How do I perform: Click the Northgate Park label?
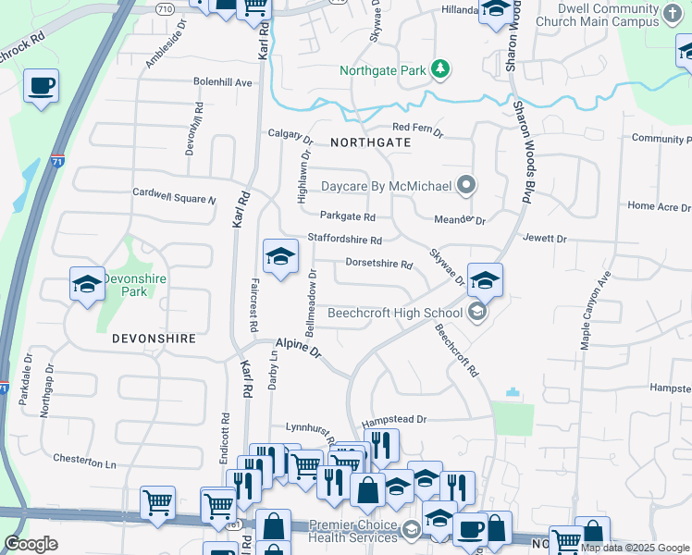(382, 69)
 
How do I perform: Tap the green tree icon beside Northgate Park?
(441, 68)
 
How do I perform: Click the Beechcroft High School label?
(395, 313)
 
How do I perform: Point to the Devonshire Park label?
(133, 284)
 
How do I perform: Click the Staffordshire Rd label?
(344, 240)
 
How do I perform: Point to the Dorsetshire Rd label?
(378, 264)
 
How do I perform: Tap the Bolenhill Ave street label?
(223, 82)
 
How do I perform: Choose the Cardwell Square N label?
(174, 196)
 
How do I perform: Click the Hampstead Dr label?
(393, 419)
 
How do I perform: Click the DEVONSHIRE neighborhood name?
(154, 339)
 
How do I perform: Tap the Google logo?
(31, 544)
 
